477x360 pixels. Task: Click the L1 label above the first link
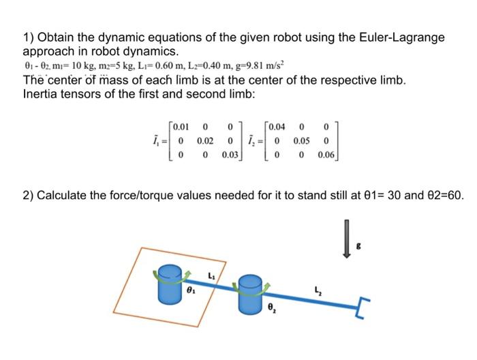point(212,275)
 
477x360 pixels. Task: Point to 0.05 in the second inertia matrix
point(303,140)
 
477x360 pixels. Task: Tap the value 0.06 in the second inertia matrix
point(327,155)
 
